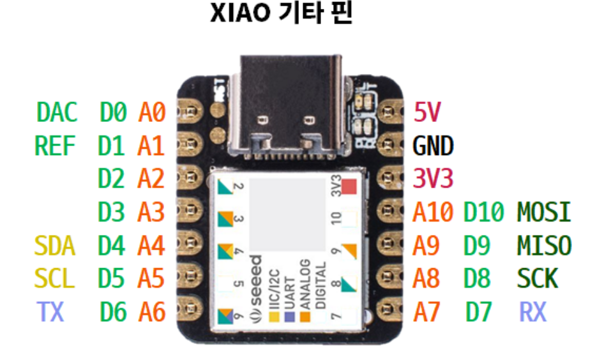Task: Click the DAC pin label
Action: tap(57, 113)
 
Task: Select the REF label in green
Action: tap(55, 146)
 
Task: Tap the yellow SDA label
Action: tap(55, 245)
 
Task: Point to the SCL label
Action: tap(55, 278)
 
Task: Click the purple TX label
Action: tap(50, 311)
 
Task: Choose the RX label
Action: tap(533, 311)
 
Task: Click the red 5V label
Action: tap(427, 113)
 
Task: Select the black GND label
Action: tap(433, 146)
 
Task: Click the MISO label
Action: tap(544, 245)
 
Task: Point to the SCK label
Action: tap(538, 278)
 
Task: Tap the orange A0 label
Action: tap(152, 113)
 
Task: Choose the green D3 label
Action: tap(112, 212)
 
